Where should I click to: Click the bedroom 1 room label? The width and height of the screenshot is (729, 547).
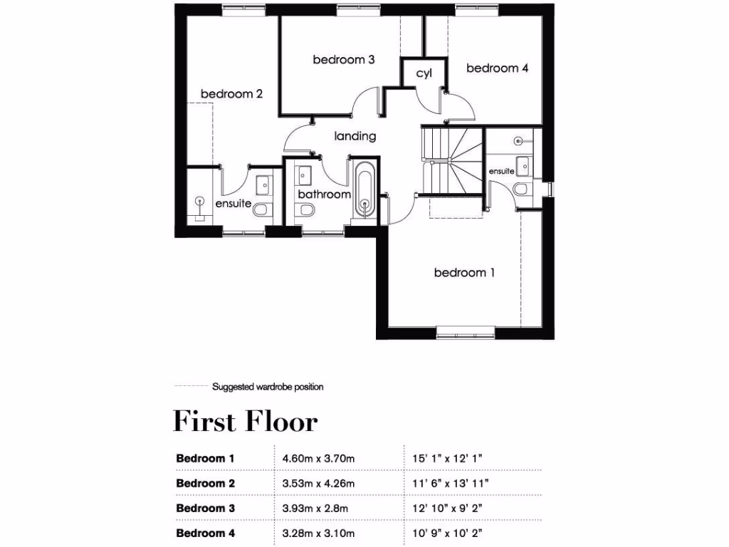point(464,273)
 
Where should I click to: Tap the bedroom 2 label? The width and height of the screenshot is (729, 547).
point(232,94)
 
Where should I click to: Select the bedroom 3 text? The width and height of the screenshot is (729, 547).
point(344,60)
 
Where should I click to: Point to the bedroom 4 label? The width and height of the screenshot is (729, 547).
point(497,68)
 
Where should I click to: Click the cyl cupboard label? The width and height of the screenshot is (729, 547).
point(424,73)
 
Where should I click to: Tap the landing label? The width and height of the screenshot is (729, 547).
point(355,136)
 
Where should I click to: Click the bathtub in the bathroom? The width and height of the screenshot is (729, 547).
point(364,191)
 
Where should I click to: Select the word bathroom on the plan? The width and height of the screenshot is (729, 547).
point(324,194)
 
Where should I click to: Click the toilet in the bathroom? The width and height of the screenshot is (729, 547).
point(307,210)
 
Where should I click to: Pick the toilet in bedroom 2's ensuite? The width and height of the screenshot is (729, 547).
point(261,209)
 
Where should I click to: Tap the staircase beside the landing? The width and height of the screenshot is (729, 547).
point(451,160)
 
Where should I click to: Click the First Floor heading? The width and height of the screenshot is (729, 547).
point(245,421)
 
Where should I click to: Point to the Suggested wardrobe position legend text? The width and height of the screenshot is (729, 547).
point(268,387)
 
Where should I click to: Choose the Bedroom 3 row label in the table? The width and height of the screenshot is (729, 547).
point(205,509)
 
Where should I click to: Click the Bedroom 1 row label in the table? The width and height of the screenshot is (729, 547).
point(205,459)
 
